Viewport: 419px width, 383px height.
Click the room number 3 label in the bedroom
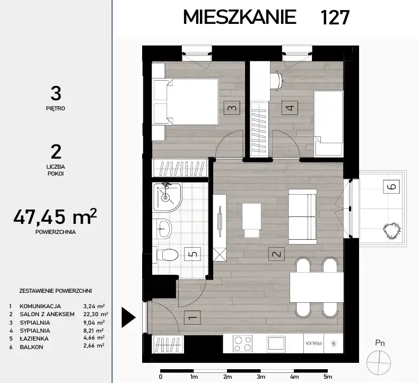(x=232, y=108)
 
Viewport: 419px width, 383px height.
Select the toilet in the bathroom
(x=165, y=255)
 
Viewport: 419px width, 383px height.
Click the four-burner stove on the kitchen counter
(x=242, y=343)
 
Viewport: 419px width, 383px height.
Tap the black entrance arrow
(x=128, y=318)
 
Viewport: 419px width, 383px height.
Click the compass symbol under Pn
(x=378, y=363)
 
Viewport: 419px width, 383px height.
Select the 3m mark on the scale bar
(x=261, y=377)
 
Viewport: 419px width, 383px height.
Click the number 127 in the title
(x=335, y=18)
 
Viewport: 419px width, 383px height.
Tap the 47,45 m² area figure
(x=55, y=216)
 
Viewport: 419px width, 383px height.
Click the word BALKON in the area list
(x=31, y=347)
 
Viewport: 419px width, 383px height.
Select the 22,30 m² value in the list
(x=95, y=315)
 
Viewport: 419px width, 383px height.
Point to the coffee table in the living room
(x=251, y=221)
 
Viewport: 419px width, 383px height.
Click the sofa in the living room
(x=303, y=216)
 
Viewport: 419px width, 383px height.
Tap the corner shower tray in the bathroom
(x=167, y=197)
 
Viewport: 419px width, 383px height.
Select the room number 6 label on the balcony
(x=391, y=186)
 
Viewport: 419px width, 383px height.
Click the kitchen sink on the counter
(x=276, y=343)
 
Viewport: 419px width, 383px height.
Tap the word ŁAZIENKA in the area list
(x=34, y=338)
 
